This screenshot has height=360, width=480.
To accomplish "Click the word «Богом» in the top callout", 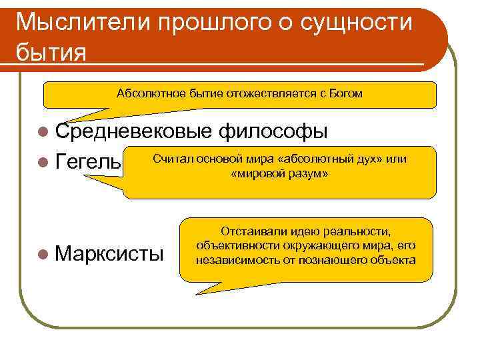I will click(346, 93).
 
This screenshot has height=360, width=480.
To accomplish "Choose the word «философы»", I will click(273, 131).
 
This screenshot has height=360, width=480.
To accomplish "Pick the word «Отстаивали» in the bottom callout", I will click(249, 232).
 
